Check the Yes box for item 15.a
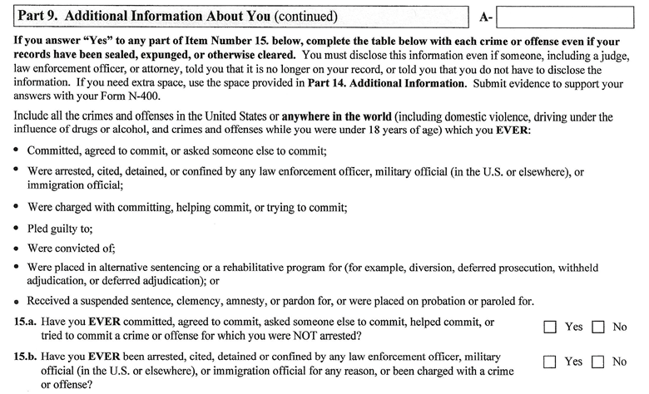pos(549,327)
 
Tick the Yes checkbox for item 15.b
pos(549,362)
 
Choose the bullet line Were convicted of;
pos(71,249)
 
